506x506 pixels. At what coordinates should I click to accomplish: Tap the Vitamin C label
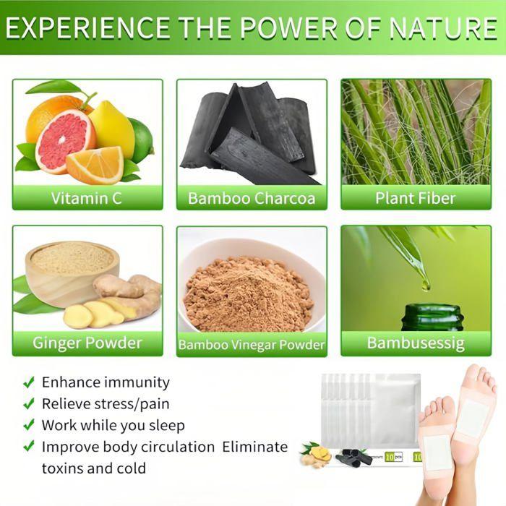(x=87, y=198)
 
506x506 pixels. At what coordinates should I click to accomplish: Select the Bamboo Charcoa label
(x=252, y=198)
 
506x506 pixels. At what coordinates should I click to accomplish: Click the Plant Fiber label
(x=416, y=198)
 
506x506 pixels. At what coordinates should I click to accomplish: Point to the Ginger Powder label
(x=87, y=342)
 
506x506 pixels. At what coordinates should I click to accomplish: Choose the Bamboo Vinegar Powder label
(x=252, y=345)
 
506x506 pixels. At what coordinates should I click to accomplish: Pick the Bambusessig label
(x=416, y=342)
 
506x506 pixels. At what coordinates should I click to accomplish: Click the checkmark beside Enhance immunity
(x=28, y=382)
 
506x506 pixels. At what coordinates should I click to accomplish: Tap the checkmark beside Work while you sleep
(x=28, y=425)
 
